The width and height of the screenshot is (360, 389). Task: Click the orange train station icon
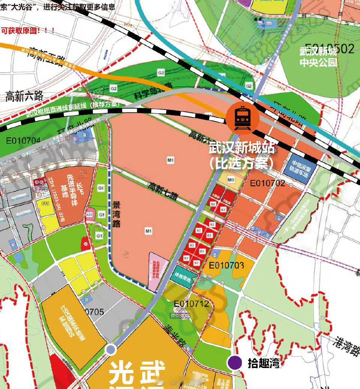tap(242, 117)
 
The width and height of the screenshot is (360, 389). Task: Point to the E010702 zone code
tap(267, 183)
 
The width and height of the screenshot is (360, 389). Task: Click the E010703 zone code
tap(226, 266)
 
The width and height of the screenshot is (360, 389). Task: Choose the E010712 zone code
tap(191, 303)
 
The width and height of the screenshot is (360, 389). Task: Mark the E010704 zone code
tap(23, 141)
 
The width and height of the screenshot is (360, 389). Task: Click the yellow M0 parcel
tap(231, 181)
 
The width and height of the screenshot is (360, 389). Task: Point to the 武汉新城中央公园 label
tap(318, 56)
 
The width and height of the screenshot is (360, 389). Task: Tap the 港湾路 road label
tap(345, 347)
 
